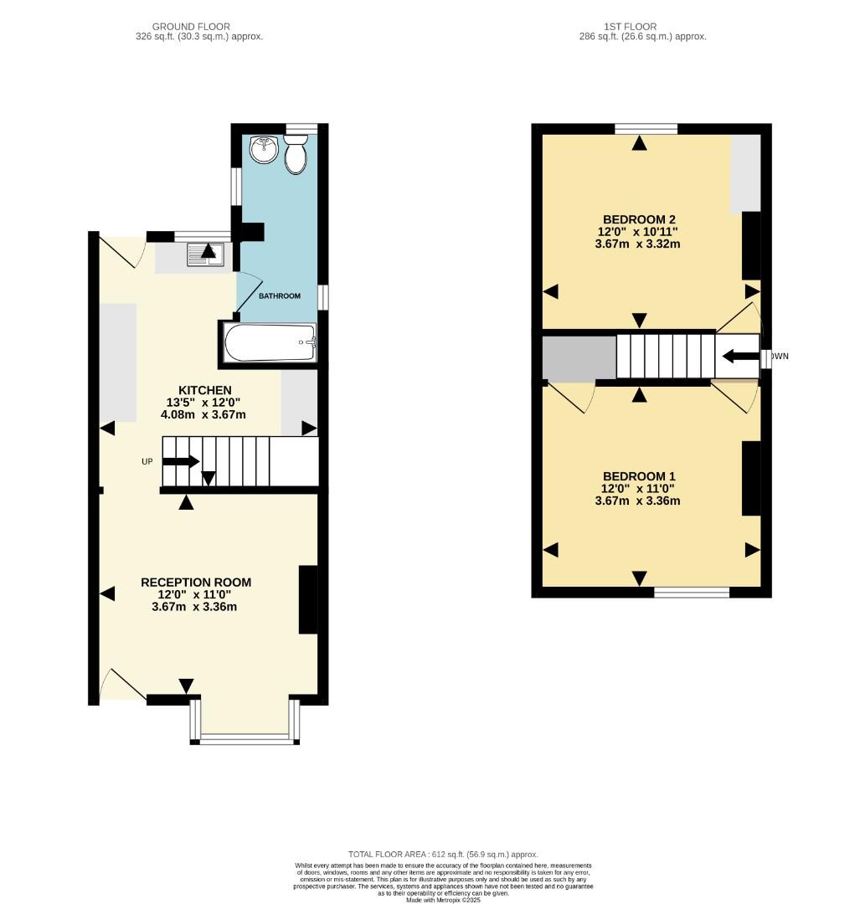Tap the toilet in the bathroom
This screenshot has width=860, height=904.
pyautogui.click(x=295, y=157)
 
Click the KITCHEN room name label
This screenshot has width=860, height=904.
pyautogui.click(x=205, y=390)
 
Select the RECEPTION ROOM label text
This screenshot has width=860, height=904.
pyautogui.click(x=196, y=583)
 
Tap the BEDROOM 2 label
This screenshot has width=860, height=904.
pyautogui.click(x=639, y=219)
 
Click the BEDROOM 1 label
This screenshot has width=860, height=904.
pyautogui.click(x=638, y=476)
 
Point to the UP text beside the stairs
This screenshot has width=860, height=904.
pyautogui.click(x=147, y=461)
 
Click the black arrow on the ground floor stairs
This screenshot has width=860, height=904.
pyautogui.click(x=181, y=461)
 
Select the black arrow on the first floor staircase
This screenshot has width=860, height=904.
pyautogui.click(x=739, y=356)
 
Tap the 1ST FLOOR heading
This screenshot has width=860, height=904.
pyautogui.click(x=641, y=27)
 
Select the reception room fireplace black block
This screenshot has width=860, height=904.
pyautogui.click(x=309, y=600)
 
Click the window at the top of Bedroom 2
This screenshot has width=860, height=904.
pyautogui.click(x=646, y=129)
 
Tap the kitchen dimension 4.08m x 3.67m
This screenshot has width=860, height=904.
pyautogui.click(x=204, y=413)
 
